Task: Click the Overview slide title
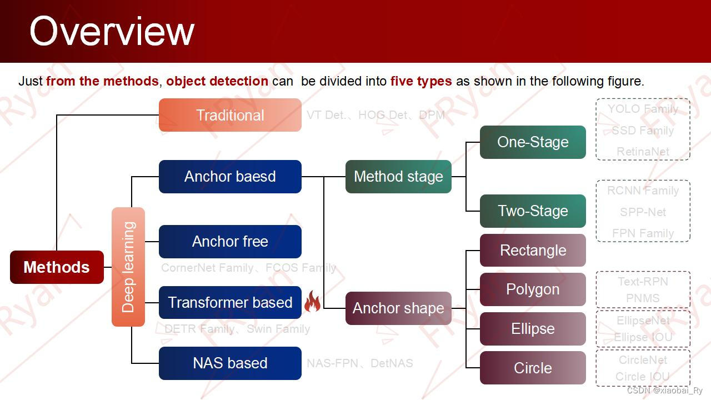[x=112, y=31]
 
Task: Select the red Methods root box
[x=57, y=267]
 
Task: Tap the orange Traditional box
[x=230, y=115]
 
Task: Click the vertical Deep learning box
[x=128, y=267]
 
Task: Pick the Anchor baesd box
[x=230, y=177]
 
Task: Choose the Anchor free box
[x=230, y=242]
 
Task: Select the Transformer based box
[x=230, y=303]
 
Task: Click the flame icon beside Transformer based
[x=312, y=302]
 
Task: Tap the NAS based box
[x=230, y=363]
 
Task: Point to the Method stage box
[x=398, y=177]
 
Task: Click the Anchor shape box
[x=398, y=308]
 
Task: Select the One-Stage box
[x=533, y=142]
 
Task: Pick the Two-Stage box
[x=533, y=211]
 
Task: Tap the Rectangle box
[x=533, y=251]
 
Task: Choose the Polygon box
[x=533, y=289]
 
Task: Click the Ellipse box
[x=533, y=329]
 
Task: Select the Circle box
[x=533, y=368]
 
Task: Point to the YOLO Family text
[x=643, y=109]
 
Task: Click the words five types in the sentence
[x=421, y=81]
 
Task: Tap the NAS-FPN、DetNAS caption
[x=360, y=363]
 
